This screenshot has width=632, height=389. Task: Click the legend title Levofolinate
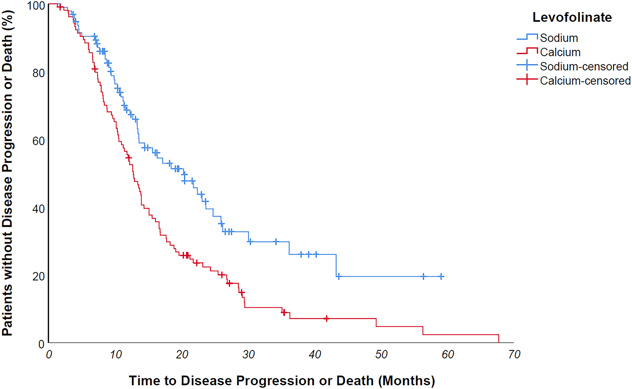tap(572, 17)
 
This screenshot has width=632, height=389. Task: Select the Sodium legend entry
tap(559, 38)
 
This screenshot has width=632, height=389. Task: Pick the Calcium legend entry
tap(560, 52)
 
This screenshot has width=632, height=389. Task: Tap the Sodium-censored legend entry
tap(584, 66)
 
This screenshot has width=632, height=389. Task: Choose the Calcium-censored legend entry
tap(585, 81)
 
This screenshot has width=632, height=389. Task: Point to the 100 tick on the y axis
tap(35, 5)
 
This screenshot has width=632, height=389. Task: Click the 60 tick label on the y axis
tap(39, 141)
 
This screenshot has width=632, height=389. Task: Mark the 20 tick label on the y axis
tap(39, 277)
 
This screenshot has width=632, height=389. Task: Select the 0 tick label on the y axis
tap(41, 344)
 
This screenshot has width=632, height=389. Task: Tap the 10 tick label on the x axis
tap(116, 355)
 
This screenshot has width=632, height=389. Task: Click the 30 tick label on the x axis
tap(248, 355)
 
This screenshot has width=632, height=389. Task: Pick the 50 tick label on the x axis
tap(381, 355)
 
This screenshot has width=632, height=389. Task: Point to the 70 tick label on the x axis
tap(514, 355)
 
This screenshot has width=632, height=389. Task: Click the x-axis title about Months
tap(282, 380)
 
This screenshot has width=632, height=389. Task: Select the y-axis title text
tap(8, 173)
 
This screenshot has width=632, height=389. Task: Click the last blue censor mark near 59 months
tap(441, 277)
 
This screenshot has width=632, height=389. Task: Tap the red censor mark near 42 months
tap(326, 319)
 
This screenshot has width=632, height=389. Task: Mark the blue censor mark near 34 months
tap(276, 242)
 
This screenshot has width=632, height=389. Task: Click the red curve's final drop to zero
tap(499, 338)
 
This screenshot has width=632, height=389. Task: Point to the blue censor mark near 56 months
tap(423, 277)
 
